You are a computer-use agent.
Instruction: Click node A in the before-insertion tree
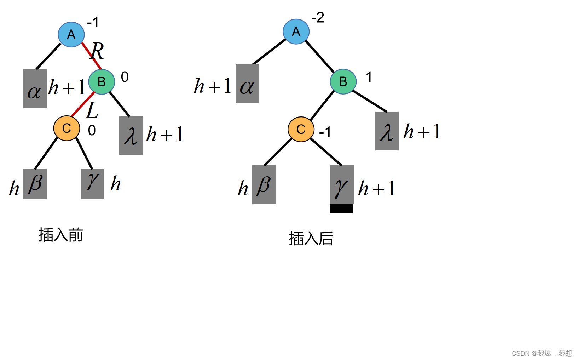[71, 34]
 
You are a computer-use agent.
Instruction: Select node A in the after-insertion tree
[296, 32]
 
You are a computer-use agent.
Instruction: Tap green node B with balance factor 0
[102, 82]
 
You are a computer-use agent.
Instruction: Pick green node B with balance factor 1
[343, 81]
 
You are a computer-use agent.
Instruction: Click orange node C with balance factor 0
[67, 128]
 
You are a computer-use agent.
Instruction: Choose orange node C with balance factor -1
[301, 129]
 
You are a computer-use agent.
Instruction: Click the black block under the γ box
[341, 208]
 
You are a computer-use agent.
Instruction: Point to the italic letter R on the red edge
[97, 51]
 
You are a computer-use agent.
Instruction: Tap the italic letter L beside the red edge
[92, 110]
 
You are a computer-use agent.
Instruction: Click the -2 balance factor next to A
[318, 18]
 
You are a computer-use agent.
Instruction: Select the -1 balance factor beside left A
[93, 23]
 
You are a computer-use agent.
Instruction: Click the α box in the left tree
[35, 89]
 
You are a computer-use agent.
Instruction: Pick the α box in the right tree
[247, 84]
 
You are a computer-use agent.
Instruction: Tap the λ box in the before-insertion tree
[131, 136]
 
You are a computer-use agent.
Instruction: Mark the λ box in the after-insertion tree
[387, 131]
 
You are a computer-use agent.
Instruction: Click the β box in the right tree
[264, 185]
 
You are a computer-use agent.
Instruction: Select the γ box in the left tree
[92, 184]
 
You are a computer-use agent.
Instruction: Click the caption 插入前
[60, 235]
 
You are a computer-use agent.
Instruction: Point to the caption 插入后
[311, 239]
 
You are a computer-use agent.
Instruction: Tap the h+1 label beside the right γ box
[376, 188]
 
